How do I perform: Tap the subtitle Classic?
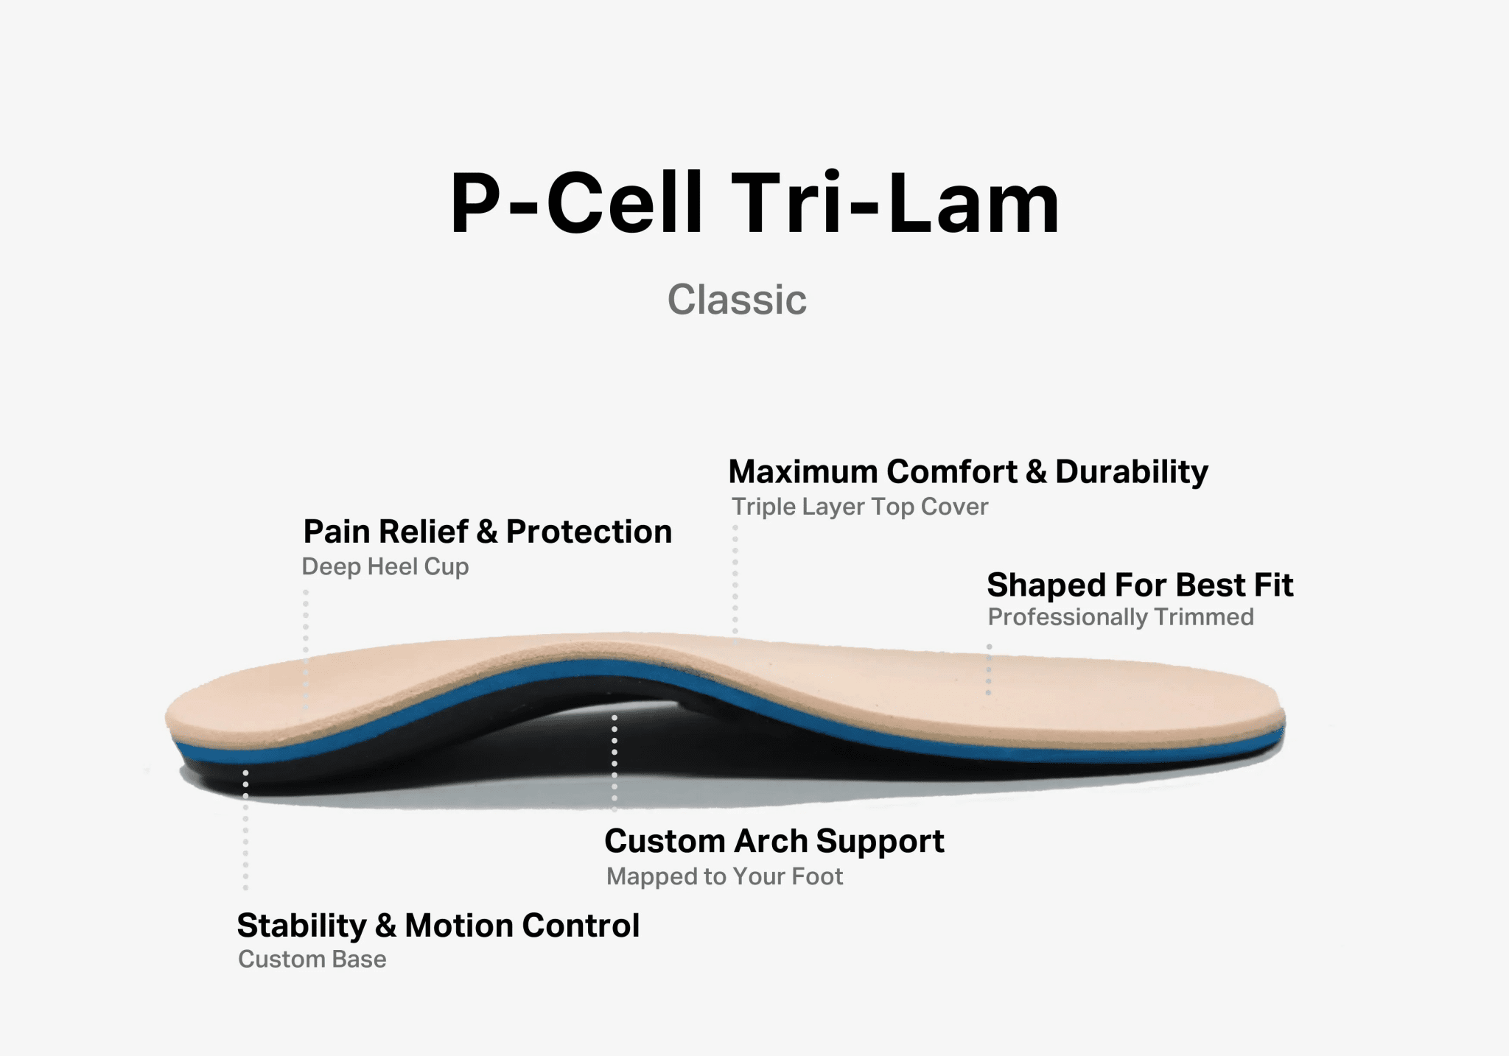pyautogui.click(x=737, y=300)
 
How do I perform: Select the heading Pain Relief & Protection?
pyautogui.click(x=487, y=532)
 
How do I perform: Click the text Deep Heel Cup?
pyautogui.click(x=385, y=566)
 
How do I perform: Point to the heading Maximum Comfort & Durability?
pyautogui.click(x=967, y=471)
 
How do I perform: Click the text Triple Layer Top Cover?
pyautogui.click(x=859, y=507)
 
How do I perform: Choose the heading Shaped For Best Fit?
pyautogui.click(x=1139, y=585)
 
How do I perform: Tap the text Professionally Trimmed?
pyautogui.click(x=1120, y=617)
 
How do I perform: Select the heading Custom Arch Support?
pyautogui.click(x=774, y=841)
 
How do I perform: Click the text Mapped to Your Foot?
pyautogui.click(x=724, y=876)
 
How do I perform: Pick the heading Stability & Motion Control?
pyautogui.click(x=438, y=926)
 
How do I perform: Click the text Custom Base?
pyautogui.click(x=312, y=960)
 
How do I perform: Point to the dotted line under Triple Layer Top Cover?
pyautogui.click(x=735, y=582)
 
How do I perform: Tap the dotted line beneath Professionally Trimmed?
pyautogui.click(x=989, y=670)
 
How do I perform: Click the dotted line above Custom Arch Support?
pyautogui.click(x=615, y=762)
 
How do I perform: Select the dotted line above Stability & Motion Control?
pyautogui.click(x=245, y=828)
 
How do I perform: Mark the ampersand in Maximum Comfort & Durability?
pyautogui.click(x=1035, y=472)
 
